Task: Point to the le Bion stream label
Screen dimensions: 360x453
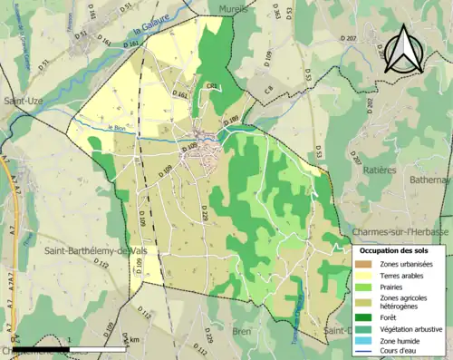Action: click(117, 128)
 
